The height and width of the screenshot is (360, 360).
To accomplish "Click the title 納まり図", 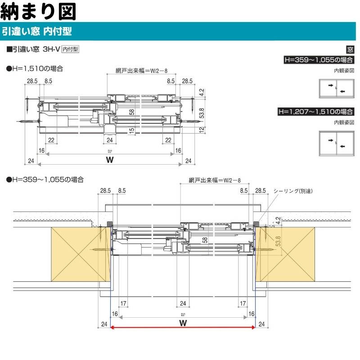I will click(x=38, y=10).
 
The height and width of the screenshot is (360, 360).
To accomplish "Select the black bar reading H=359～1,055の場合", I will click(x=318, y=59).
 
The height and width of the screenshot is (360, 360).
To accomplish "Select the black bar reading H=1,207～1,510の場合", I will click(x=318, y=111).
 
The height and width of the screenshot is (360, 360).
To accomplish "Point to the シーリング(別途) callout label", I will click(x=293, y=191).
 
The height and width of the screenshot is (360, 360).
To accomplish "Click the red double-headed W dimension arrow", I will click(x=183, y=328).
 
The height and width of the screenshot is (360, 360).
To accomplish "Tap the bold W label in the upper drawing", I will click(x=108, y=160).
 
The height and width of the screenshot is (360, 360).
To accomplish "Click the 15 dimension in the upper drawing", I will click(x=131, y=130).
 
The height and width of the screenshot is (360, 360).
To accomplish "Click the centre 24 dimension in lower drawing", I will click(x=183, y=303).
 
